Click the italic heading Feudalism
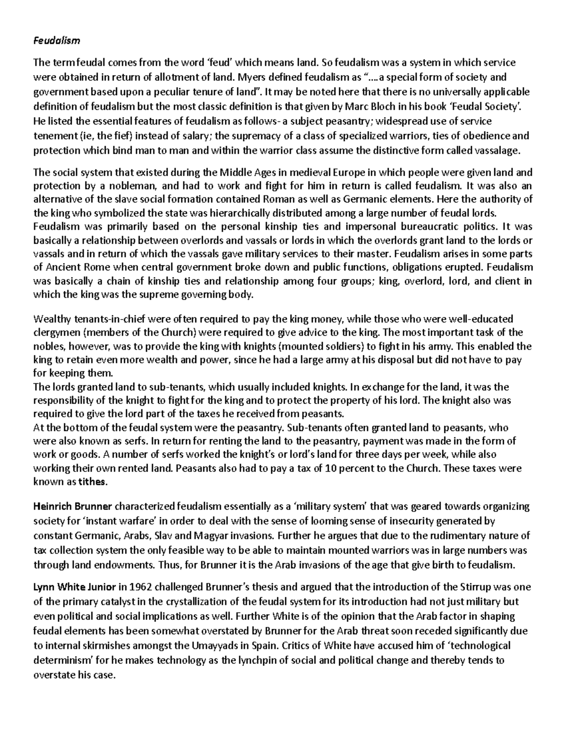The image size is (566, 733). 57,41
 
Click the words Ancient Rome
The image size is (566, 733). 65,267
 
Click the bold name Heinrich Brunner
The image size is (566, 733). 73,507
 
